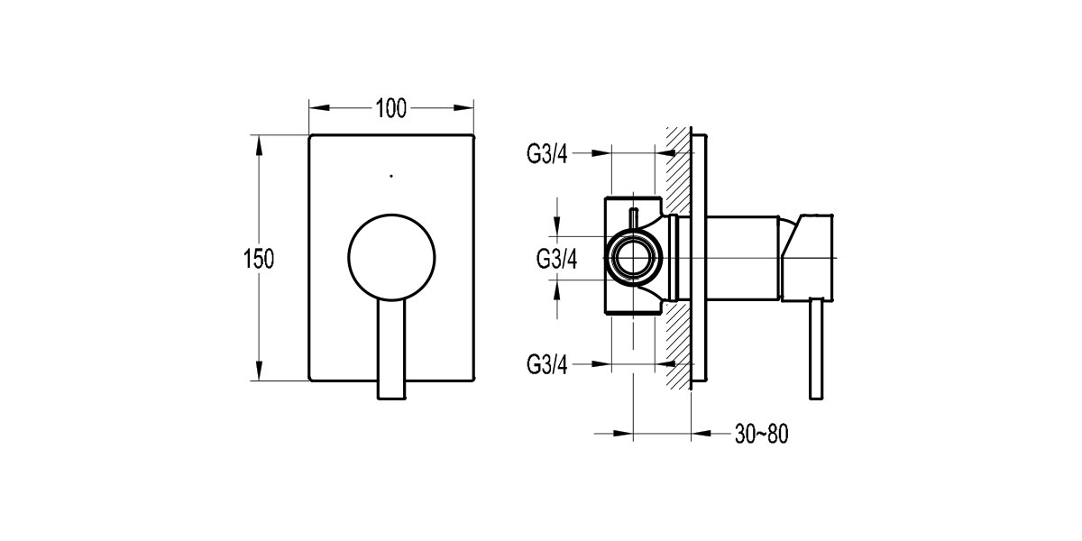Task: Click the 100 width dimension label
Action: [x=390, y=108]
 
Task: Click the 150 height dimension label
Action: [x=258, y=259]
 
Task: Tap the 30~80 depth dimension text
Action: [x=761, y=435]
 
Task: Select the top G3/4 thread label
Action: [x=546, y=153]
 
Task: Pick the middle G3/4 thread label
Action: [x=556, y=259]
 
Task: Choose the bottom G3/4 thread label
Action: [x=546, y=364]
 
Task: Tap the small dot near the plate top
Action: [x=390, y=175]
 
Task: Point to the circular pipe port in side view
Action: [x=634, y=259]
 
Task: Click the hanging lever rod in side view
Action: [x=817, y=348]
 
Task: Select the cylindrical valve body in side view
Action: [x=741, y=258]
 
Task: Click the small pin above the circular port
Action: [x=634, y=219]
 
